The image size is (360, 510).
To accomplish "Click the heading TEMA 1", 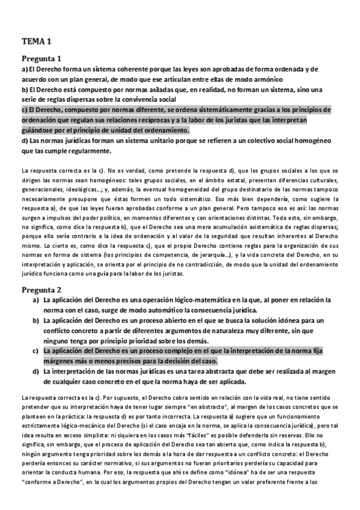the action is pos(36,41).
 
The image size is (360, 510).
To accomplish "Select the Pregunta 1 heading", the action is pos(41,59).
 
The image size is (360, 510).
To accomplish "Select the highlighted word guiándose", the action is pos(43,130).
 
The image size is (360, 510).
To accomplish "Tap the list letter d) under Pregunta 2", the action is pos(35,372).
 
